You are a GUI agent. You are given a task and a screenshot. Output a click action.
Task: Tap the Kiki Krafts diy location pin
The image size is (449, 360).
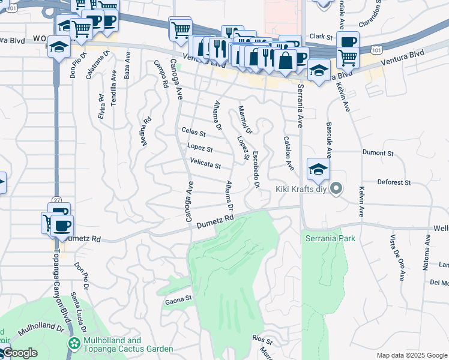(336, 189)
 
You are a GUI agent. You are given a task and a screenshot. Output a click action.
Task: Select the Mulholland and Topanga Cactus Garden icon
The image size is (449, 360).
(74, 344)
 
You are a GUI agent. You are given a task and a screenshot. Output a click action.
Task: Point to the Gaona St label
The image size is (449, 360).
(178, 298)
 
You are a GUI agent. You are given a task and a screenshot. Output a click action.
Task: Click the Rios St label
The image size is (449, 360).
(262, 340)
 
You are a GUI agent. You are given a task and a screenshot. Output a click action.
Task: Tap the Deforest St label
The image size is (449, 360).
(393, 182)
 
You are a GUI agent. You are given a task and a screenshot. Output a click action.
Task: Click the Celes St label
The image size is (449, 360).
(193, 131)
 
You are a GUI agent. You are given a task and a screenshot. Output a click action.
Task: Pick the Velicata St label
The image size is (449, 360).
(205, 163)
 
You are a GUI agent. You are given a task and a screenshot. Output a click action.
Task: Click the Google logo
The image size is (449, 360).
(19, 353)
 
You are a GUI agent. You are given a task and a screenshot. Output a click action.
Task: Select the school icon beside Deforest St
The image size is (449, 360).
(318, 169)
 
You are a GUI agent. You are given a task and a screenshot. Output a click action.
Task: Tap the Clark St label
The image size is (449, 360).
(321, 37)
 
